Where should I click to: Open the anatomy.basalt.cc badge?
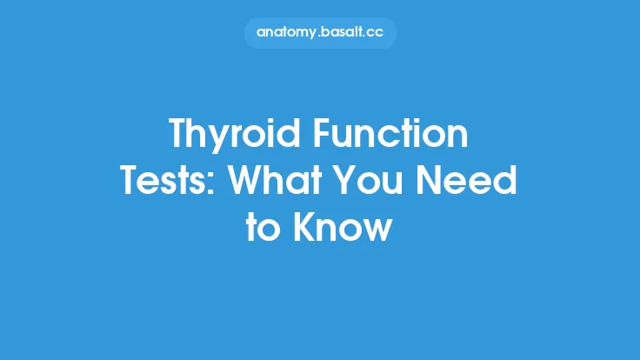pos(320,33)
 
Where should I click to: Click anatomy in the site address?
pos(285,33)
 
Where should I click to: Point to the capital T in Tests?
pos(130,183)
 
